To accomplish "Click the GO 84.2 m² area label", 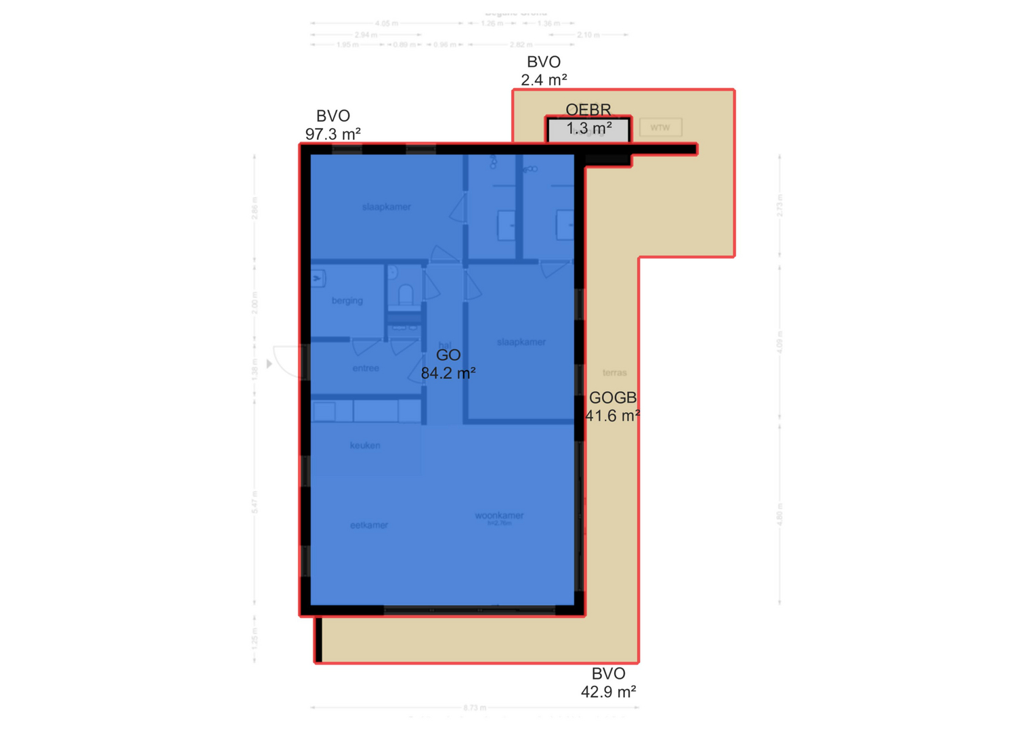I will coord(448,364).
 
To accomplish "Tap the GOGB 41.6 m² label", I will coord(612,407).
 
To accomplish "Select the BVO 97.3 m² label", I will coord(332,125).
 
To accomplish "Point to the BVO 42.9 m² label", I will coord(608,682).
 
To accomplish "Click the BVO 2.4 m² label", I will coord(544,70).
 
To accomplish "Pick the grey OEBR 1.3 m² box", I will coord(588,129).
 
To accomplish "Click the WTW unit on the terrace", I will coord(660,127).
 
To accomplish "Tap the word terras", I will coord(614,373).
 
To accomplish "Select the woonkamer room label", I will coord(499,516).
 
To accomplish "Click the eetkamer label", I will coord(369,525).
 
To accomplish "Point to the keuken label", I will coord(365,445).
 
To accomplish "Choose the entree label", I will coord(366,368).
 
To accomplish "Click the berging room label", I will coord(347,301).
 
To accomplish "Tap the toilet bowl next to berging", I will coord(405,294).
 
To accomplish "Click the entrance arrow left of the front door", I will coord(270,364).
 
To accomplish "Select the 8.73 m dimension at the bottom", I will coord(475,708).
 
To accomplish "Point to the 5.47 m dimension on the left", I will coord(255,502).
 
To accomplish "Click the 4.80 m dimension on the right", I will coord(779,514).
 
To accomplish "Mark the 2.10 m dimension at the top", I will coord(588,35).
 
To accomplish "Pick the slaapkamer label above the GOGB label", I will coord(521,342).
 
